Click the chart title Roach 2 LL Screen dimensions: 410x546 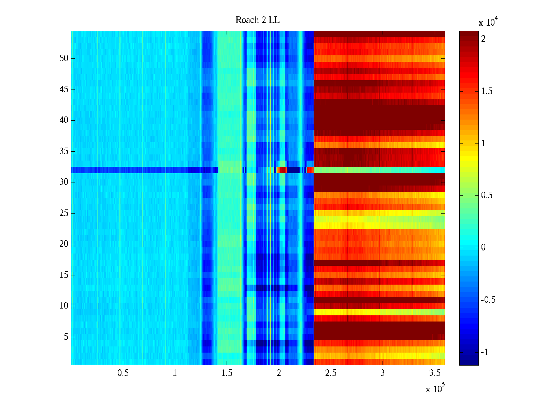pos(257,20)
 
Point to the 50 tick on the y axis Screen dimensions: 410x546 pos(64,58)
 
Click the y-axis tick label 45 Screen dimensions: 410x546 pos(64,90)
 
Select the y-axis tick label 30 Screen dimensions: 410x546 pos(64,182)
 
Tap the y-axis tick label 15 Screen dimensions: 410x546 pos(64,275)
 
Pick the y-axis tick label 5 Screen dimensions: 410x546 pos(66,337)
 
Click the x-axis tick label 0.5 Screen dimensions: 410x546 pos(123,373)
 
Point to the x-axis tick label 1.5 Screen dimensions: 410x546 pos(227,373)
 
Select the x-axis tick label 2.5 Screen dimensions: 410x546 pos(331,373)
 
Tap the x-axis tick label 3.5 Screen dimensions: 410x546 pos(434,373)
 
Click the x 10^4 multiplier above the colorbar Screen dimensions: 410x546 pos(488,22)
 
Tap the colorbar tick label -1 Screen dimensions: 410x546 pos(485,352)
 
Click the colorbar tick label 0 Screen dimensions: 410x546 pos(483,248)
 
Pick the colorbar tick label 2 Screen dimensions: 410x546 pos(483,39)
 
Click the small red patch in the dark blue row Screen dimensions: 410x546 pos(282,170)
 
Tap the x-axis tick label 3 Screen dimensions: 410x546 pos(383,373)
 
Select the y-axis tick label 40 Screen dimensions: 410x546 pos(64,120)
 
